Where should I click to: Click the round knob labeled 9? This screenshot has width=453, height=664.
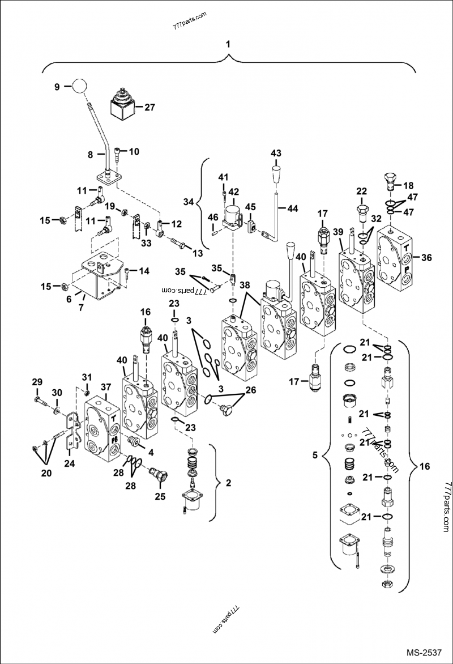pyautogui.click(x=78, y=86)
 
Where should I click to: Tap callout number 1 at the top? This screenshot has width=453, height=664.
pyautogui.click(x=228, y=44)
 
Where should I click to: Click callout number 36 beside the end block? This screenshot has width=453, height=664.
pyautogui.click(x=428, y=257)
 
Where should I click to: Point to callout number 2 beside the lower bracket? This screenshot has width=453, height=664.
pyautogui.click(x=228, y=483)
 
